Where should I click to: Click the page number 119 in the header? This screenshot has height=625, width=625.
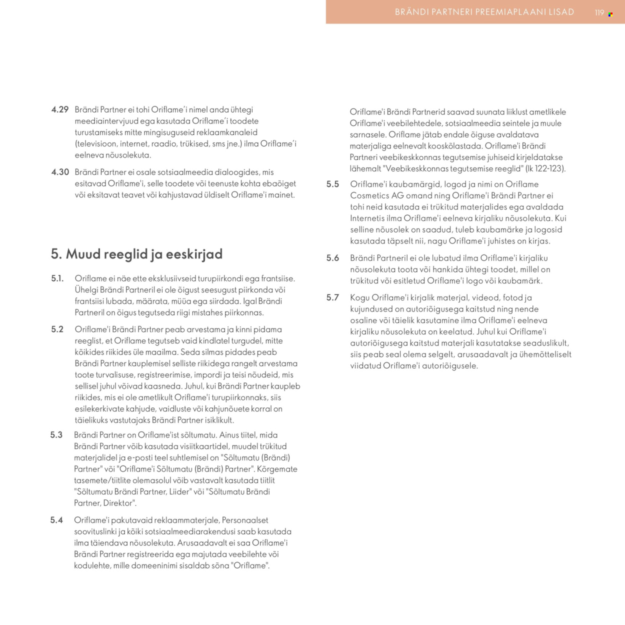tap(599, 13)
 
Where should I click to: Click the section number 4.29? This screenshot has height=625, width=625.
tap(60, 109)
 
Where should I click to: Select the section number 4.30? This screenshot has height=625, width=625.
tap(60, 172)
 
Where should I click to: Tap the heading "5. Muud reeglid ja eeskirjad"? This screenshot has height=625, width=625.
tap(136, 254)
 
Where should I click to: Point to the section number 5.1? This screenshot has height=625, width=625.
tap(57, 278)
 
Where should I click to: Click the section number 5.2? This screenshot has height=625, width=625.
tap(57, 329)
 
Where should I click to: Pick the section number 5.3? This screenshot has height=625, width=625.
tap(56, 435)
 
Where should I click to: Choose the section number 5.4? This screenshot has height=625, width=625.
tap(56, 520)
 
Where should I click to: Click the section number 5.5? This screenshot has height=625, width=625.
tap(332, 184)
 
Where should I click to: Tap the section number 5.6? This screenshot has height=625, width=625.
tap(332, 258)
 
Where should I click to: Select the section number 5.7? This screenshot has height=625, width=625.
tap(332, 297)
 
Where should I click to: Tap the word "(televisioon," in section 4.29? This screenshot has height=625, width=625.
tap(96, 143)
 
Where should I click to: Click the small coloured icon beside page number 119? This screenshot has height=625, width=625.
tap(610, 14)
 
